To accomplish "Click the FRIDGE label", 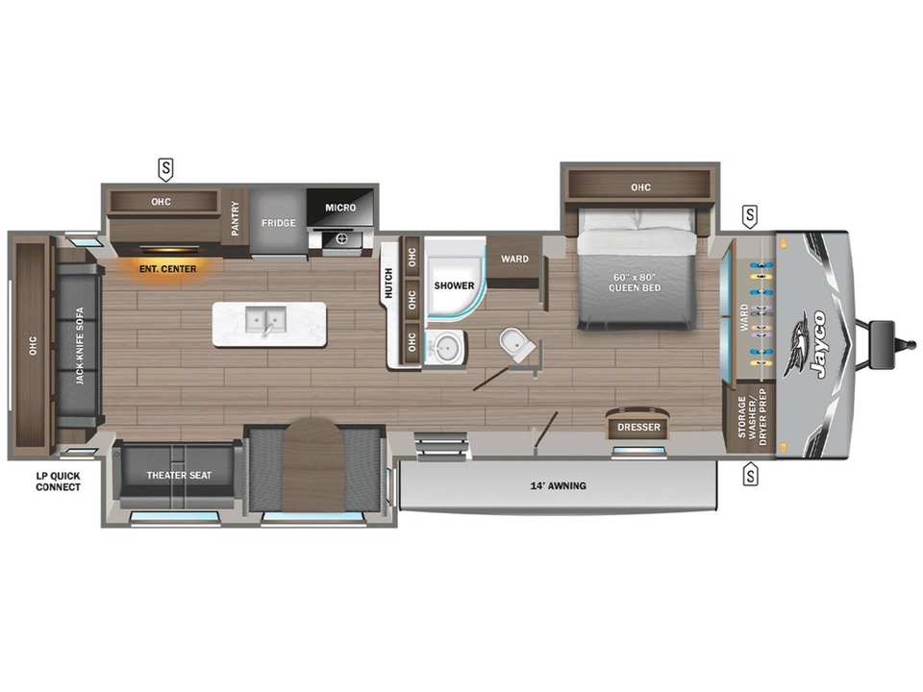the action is [279, 223].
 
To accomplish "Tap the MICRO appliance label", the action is [340, 208].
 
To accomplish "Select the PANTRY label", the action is [235, 218].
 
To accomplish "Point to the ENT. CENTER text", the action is [167, 269].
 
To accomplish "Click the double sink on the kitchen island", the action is [266, 321].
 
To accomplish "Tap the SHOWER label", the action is [454, 285].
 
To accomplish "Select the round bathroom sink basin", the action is [444, 348].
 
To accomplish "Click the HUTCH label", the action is [388, 283].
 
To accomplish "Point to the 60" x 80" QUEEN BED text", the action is [635, 283].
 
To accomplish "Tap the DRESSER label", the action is [638, 427].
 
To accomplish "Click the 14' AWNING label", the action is [558, 486].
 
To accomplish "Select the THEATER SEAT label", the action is [179, 476].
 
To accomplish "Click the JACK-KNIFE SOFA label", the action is [80, 346].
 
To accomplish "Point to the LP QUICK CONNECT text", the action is [58, 482].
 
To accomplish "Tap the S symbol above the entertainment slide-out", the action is [166, 169].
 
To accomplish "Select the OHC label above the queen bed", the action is [640, 187].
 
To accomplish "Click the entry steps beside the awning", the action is [441, 446].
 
